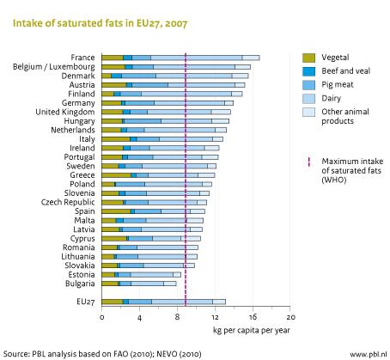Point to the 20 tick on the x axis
[290, 317]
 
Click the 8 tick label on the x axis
[178, 317]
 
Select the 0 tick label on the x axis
[102, 317]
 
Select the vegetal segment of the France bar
[113, 57]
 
